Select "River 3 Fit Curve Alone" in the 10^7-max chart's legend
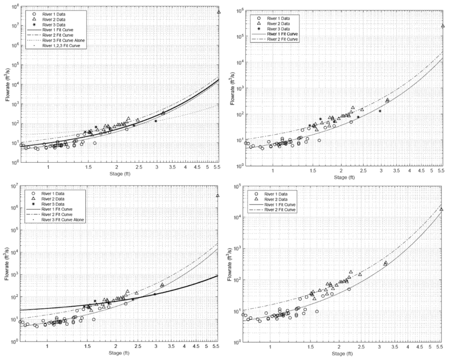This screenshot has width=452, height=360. coord(63,220)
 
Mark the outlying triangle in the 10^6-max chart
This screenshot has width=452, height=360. coord(443,26)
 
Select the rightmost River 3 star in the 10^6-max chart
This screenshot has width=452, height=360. coord(380,111)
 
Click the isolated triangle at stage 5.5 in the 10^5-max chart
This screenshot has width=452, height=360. coord(441,209)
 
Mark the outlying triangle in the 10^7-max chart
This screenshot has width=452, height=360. coord(217,195)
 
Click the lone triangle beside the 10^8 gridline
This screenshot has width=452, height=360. coord(219,12)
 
